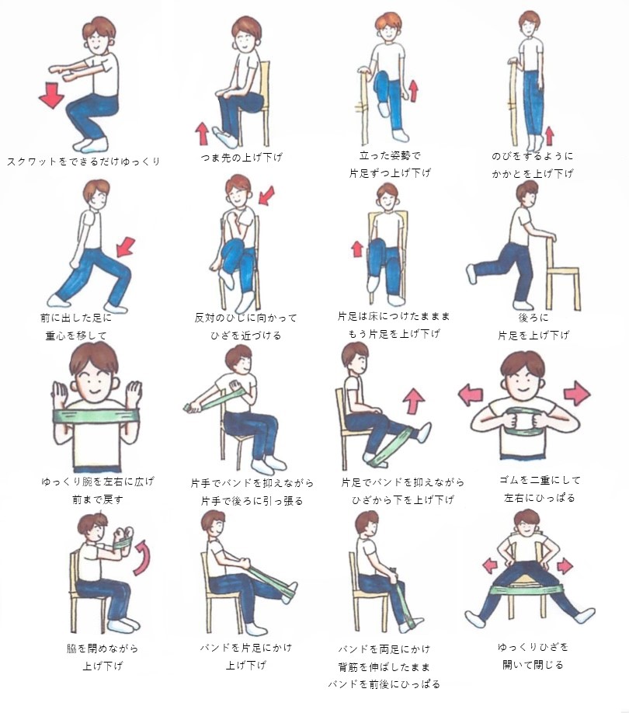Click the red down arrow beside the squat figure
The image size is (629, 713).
point(51,96)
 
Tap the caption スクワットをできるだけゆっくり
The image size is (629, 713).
point(84,162)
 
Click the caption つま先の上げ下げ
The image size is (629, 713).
point(242,158)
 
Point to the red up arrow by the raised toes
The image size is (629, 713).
point(202,134)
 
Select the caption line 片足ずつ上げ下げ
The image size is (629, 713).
point(390,172)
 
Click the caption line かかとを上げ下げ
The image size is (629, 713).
point(532,174)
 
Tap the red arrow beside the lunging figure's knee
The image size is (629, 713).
point(126,247)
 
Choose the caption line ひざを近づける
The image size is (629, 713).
point(246,336)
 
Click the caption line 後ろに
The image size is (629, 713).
point(533,318)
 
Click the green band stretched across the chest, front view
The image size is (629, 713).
point(96,416)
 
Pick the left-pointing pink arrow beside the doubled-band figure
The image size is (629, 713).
point(471,394)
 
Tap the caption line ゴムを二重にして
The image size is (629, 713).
point(540,480)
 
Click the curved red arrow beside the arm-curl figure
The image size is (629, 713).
point(144,558)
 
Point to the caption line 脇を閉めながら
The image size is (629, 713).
point(103,648)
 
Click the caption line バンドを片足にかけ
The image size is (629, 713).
point(246,647)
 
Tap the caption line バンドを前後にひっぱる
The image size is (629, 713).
point(384,684)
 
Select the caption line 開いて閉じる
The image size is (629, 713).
point(533,665)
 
